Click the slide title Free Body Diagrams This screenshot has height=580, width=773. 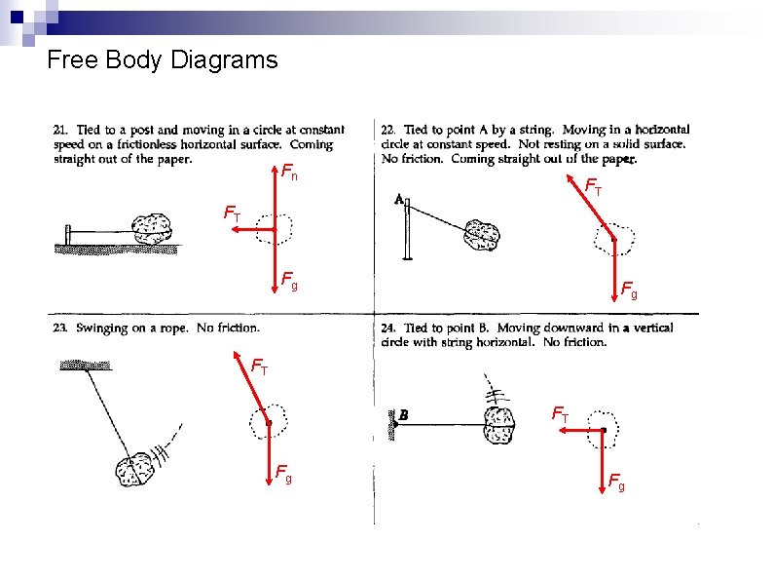163,60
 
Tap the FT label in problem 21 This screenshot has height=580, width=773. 233,213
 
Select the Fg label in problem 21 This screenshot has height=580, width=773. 289,283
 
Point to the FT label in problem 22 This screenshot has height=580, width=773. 593,185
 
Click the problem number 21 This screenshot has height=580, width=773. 60,130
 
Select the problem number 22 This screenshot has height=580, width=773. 387,130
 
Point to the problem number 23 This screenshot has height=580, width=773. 60,329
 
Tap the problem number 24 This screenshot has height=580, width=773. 387,329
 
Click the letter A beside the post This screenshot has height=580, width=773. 399,198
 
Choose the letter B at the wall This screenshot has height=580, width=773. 402,414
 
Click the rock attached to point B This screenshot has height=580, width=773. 498,426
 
